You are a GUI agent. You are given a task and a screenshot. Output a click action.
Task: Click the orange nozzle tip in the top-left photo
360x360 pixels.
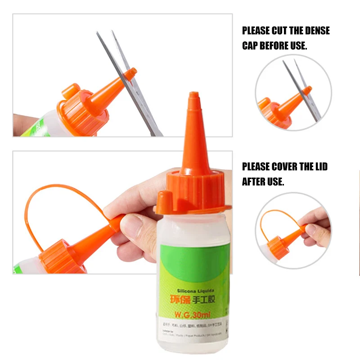coord(130,73)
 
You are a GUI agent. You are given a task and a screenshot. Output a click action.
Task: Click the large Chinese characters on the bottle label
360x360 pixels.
coord(189,298)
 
